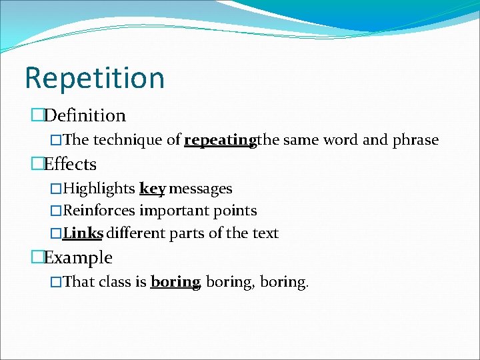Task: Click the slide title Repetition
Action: tap(94, 78)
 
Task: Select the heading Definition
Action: tap(85, 115)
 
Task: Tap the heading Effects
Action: tap(70, 164)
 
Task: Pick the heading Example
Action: tap(78, 257)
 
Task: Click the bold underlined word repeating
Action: tap(220, 141)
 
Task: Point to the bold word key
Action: tap(152, 189)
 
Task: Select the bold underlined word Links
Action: tap(83, 233)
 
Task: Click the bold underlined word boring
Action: tap(175, 282)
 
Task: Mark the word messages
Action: tap(201, 189)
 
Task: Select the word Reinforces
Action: tap(99, 211)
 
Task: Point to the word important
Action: tap(169, 211)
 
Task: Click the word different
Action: tap(138, 233)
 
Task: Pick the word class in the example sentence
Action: tap(115, 282)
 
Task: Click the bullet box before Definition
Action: tap(37, 116)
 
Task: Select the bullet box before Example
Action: tap(37, 258)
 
